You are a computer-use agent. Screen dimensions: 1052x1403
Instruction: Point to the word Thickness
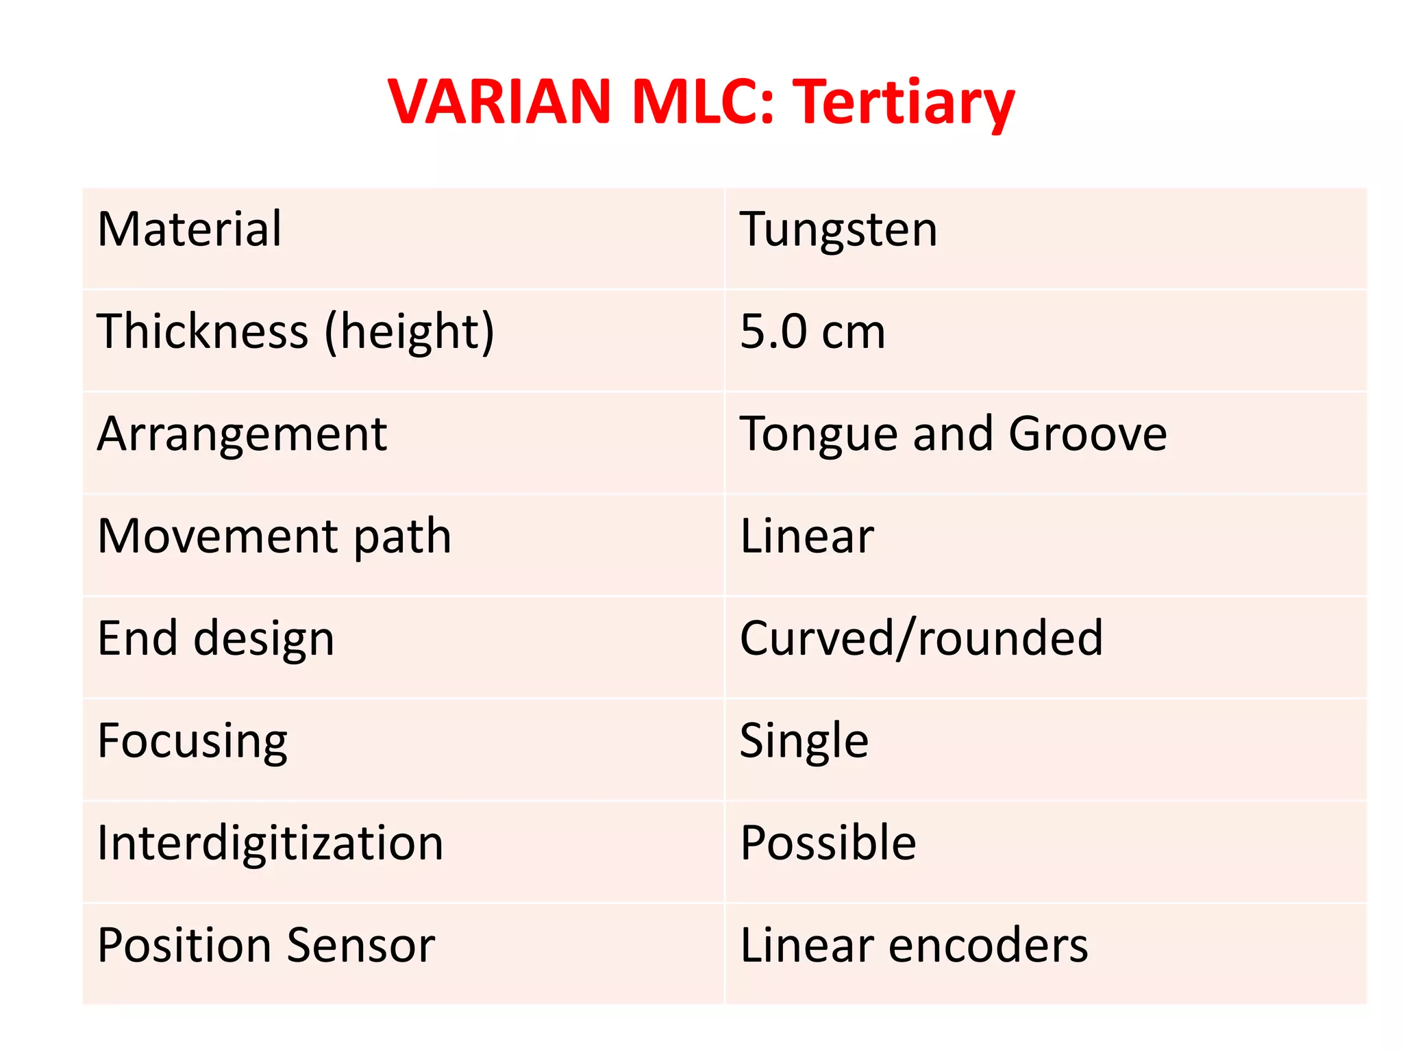pos(203,331)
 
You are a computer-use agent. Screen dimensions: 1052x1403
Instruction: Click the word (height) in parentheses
pos(409,332)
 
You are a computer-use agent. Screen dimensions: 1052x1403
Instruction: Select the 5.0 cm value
pos(812,331)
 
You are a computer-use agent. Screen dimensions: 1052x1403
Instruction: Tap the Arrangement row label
pos(242,434)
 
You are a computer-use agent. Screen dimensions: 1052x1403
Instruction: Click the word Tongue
pos(819,434)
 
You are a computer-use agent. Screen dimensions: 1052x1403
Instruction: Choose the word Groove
pos(1088,434)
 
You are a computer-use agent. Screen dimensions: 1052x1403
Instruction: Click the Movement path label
pos(274,536)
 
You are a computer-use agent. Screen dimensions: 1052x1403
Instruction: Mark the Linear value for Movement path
pos(807,536)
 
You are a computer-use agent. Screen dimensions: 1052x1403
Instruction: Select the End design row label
pos(216,638)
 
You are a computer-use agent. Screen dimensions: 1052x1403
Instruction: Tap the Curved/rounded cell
pos(921,638)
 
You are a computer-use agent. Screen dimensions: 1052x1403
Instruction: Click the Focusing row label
pos(193,741)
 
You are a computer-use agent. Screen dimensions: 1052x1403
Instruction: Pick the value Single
pos(804,741)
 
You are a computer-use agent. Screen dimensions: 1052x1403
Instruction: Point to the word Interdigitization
pos(271,842)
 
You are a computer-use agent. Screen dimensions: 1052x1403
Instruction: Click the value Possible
pos(828,842)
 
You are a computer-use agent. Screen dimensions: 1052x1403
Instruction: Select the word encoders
pos(988,945)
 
